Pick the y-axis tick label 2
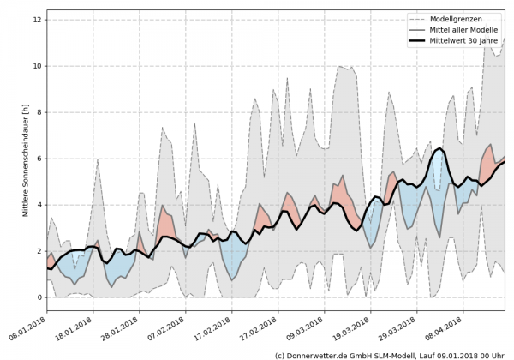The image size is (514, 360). (x=39, y=250)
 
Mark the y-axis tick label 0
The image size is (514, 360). (x=39, y=297)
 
